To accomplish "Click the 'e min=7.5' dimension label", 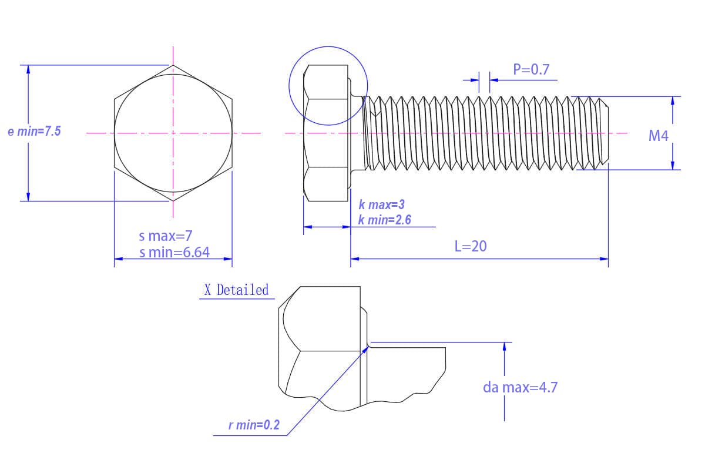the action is [x=34, y=131].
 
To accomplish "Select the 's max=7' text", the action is [x=166, y=236].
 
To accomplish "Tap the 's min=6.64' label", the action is [x=174, y=252].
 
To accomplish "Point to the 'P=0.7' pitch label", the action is [x=531, y=69].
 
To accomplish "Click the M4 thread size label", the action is [x=659, y=136].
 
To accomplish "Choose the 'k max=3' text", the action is [x=382, y=204].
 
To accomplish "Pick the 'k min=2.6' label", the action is [x=385, y=220].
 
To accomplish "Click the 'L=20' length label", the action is [x=471, y=246].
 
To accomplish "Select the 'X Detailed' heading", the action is [x=236, y=290].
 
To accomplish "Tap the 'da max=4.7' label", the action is [x=521, y=387].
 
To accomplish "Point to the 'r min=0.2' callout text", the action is [x=254, y=425].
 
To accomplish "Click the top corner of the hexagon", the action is [x=173, y=65].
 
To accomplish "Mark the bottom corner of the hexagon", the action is [x=173, y=201].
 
